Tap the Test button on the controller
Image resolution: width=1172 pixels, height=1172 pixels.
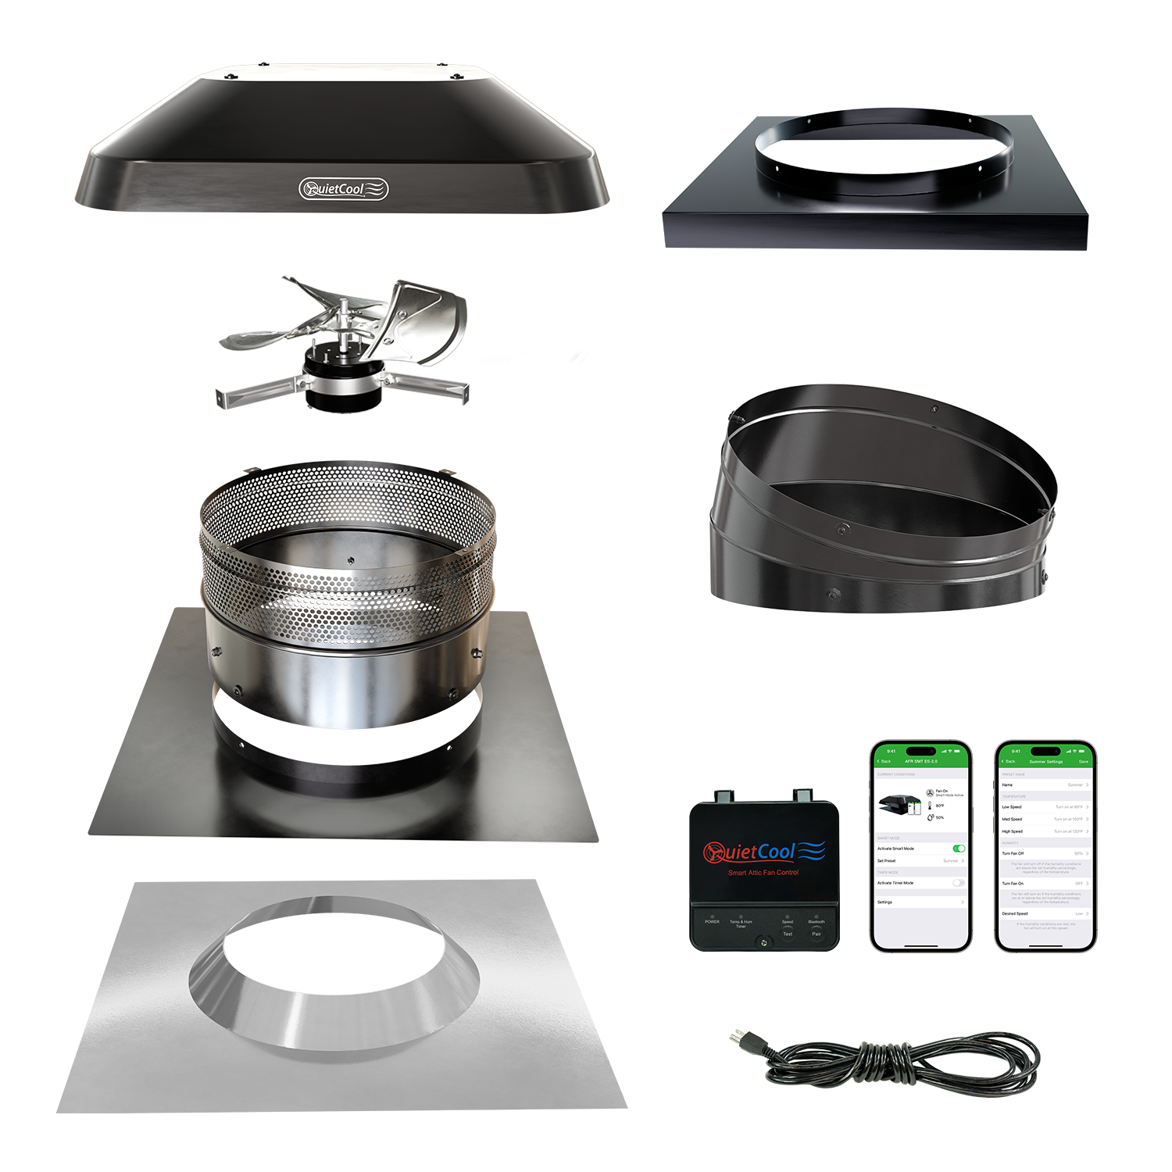(x=788, y=934)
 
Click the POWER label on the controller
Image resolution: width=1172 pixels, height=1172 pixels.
(x=712, y=922)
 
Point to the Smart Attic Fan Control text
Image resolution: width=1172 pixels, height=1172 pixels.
(x=763, y=873)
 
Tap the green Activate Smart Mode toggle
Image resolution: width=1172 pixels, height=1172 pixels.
(x=959, y=849)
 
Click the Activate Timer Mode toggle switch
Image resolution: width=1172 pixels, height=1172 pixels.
(x=959, y=883)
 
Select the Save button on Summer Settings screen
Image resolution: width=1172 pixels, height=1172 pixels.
(x=1083, y=761)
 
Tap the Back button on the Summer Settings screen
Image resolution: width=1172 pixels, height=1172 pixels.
(x=1009, y=761)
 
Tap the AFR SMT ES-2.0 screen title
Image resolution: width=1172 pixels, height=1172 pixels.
(x=920, y=761)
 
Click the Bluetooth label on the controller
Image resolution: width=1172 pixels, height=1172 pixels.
(x=816, y=922)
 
